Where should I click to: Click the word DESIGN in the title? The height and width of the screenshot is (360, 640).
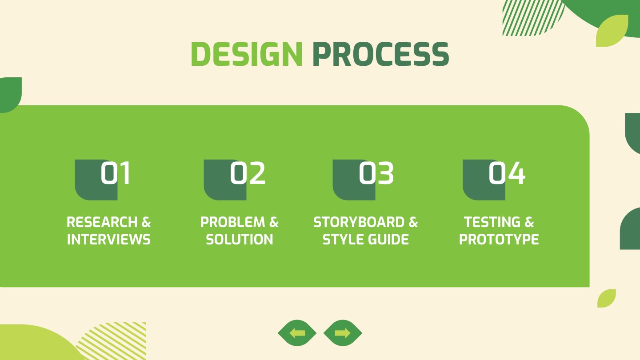[x=247, y=54]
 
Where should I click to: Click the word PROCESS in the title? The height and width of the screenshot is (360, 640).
[x=381, y=54]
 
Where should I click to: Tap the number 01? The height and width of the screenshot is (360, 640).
[x=116, y=173]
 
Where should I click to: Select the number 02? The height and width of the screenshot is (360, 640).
[x=248, y=173]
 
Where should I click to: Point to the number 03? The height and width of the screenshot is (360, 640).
[x=376, y=173]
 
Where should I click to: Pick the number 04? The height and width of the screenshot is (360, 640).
[x=507, y=173]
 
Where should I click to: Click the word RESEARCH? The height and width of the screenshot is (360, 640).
[x=102, y=222]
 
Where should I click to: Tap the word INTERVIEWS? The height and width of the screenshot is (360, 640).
[x=108, y=240]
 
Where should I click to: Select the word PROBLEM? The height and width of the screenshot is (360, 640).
[x=232, y=222]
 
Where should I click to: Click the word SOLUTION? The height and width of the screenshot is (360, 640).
[x=240, y=240]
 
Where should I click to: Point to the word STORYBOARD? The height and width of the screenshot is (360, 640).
[x=359, y=222]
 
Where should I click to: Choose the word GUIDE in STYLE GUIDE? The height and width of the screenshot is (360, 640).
[x=388, y=240]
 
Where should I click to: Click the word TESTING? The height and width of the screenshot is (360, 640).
[x=492, y=222]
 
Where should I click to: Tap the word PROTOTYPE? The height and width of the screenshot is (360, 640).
[x=499, y=240]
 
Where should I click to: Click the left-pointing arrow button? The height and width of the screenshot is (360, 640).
[x=297, y=333]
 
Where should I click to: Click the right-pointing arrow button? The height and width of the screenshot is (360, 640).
[x=343, y=333]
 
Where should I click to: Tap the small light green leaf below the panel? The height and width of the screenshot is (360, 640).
[x=606, y=298]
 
